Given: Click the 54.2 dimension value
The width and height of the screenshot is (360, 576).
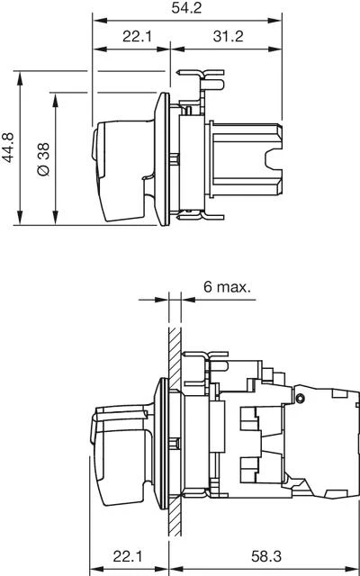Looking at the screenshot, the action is coord(186,8).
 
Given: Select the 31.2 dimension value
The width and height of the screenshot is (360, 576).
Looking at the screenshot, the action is coord(228,36).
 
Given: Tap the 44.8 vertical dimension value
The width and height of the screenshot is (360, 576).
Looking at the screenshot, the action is coord(8,148).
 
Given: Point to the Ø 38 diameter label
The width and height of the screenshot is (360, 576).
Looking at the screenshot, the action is coord(43,159).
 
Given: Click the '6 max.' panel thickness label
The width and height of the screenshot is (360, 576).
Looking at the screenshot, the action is coord(228,287).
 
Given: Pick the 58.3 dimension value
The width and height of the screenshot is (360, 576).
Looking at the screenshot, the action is coord(266,557).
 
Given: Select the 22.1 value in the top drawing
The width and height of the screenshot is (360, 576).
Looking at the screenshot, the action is coord(138,36).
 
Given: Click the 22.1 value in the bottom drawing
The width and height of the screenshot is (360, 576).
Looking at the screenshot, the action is coord(128,557).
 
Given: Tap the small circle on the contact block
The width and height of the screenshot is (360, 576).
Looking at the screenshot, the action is coord(301,398).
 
